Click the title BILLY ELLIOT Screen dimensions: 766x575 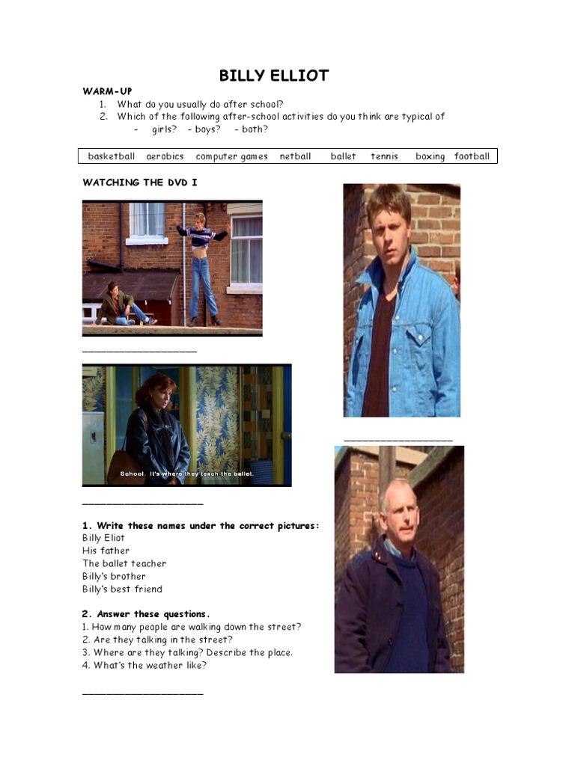(273, 76)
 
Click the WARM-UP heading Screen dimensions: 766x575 (107, 91)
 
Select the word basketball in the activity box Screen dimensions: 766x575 (112, 156)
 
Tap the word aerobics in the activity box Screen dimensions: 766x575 (165, 156)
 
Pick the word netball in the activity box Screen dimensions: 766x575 (295, 156)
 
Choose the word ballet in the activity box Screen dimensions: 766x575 (343, 156)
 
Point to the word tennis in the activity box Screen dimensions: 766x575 (384, 156)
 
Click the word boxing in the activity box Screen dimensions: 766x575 (430, 156)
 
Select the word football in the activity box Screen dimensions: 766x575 (472, 156)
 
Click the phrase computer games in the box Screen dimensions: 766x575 (231, 156)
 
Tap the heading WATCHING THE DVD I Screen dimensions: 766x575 (140, 182)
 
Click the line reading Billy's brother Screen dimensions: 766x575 (114, 576)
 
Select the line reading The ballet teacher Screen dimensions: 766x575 (124, 563)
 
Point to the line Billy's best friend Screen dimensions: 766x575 (122, 589)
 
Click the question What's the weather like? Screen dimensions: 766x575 (144, 665)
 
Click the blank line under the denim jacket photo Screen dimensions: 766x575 (398, 440)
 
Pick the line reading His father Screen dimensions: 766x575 (106, 551)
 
